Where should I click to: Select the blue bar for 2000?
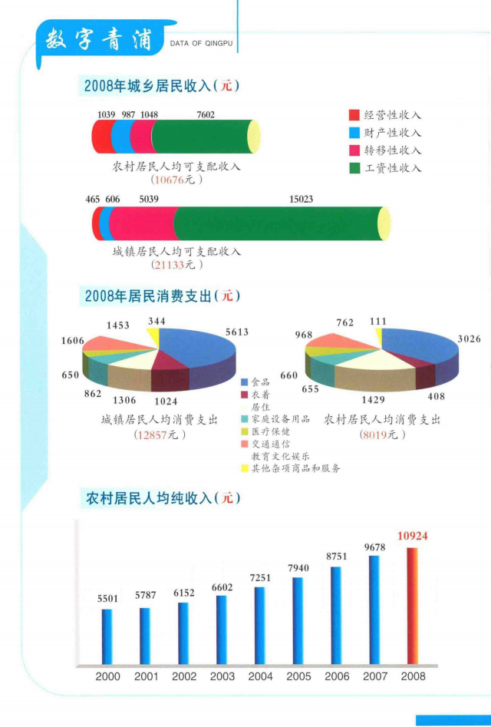[107, 636]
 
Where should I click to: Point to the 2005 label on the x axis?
[298, 676]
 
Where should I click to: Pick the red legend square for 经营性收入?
[354, 115]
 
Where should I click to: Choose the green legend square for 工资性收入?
[354, 167]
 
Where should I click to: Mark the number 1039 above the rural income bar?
[106, 115]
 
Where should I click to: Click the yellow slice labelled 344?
[154, 336]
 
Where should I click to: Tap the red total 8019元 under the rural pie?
[381, 435]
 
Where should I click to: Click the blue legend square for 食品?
[245, 382]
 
